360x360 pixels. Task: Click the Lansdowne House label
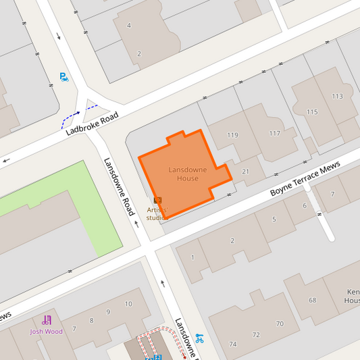(x=183, y=174)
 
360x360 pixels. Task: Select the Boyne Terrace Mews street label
(x=305, y=182)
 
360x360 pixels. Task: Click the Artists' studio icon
(x=157, y=200)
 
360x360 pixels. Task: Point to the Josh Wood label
(x=46, y=332)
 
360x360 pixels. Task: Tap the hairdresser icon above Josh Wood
(x=47, y=320)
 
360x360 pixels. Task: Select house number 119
(x=232, y=135)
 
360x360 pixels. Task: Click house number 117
(x=274, y=133)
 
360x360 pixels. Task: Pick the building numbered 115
(x=311, y=111)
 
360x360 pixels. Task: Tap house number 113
(x=337, y=96)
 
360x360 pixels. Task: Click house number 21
(x=245, y=172)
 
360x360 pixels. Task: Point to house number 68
(x=312, y=300)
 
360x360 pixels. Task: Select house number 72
(x=256, y=334)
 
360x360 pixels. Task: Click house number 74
(x=233, y=344)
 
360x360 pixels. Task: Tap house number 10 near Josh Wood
(x=128, y=304)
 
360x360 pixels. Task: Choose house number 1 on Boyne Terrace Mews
(x=192, y=257)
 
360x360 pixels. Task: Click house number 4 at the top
(x=128, y=26)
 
